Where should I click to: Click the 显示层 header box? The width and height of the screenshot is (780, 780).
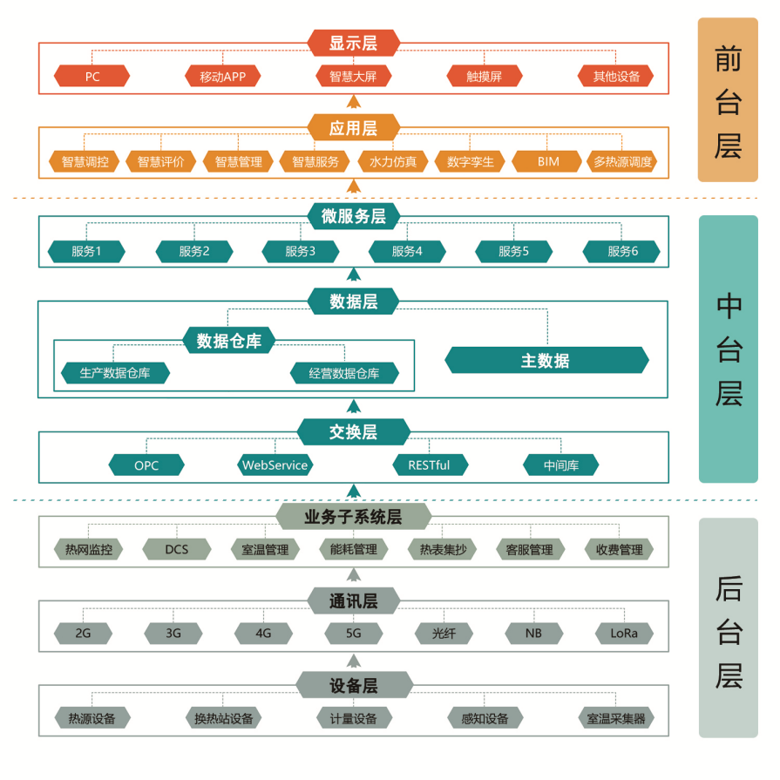(353, 43)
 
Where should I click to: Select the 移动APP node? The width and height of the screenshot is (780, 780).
(222, 76)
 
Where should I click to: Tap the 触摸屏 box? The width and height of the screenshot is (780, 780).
(484, 76)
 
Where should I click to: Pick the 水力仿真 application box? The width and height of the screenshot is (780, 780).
(392, 162)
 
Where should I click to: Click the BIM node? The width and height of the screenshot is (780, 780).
(547, 162)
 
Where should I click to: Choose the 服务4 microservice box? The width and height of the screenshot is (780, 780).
(407, 251)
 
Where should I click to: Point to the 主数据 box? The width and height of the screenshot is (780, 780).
(546, 360)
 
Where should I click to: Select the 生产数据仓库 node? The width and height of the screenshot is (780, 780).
(115, 373)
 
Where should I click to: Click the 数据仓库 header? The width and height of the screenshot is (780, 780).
(229, 341)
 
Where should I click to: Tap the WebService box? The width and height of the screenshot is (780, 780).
(275, 465)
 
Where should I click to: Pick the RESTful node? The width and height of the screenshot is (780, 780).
(430, 465)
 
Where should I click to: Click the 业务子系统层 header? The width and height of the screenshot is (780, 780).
(353, 516)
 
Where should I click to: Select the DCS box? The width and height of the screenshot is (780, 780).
(177, 549)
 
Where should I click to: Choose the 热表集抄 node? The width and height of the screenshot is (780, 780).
(442, 549)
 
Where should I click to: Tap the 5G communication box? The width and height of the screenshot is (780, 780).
(353, 634)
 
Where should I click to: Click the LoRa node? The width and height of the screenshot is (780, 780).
(624, 634)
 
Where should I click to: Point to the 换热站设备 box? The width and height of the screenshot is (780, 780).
(223, 718)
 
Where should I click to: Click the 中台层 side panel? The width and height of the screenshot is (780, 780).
(729, 349)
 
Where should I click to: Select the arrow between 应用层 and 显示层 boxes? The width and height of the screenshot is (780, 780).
(353, 102)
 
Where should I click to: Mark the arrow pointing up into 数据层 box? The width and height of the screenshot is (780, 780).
(353, 406)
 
